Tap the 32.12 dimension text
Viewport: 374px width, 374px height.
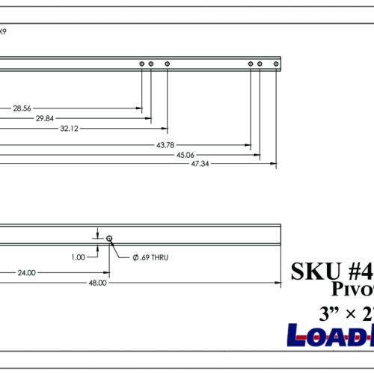[67, 128]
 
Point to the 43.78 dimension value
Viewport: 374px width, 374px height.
[165, 144]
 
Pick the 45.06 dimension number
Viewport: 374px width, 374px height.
[186, 154]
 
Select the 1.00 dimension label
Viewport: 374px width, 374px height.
[79, 257]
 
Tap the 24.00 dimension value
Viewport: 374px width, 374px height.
[26, 273]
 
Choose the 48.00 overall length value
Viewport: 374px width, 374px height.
[97, 283]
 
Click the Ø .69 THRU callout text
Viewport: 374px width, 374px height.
[151, 257]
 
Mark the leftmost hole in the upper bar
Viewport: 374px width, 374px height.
[141, 65]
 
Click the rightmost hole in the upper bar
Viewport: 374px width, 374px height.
[276, 65]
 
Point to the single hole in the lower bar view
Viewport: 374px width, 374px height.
[109, 238]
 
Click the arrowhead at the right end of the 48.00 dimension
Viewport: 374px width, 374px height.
[277, 283]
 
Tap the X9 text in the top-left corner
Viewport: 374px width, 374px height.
[4, 31]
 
